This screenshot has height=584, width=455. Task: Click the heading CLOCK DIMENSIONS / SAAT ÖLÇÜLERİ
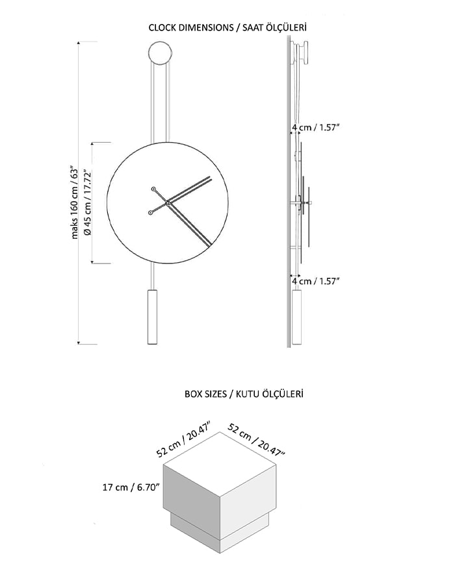click(x=227, y=27)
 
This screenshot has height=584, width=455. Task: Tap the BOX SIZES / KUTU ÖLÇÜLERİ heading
click(x=244, y=394)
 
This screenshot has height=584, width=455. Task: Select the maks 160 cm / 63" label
click(x=75, y=203)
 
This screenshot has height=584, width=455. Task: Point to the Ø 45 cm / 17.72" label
click(x=88, y=203)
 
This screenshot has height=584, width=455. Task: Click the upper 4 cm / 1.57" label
click(x=315, y=127)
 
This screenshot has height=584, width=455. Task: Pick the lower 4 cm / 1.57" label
click(x=315, y=281)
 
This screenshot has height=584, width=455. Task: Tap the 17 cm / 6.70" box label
click(x=131, y=487)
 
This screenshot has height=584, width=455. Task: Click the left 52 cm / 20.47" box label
click(x=184, y=439)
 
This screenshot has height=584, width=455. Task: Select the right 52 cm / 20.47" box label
click(x=256, y=440)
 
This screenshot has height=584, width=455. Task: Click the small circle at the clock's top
click(x=161, y=53)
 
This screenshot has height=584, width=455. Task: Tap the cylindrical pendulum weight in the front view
click(x=152, y=317)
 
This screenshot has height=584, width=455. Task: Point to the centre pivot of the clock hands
click(x=168, y=203)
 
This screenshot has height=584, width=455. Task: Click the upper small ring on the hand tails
click(x=153, y=189)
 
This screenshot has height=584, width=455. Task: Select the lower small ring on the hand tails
click(x=150, y=213)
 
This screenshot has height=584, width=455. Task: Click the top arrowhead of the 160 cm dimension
click(x=79, y=43)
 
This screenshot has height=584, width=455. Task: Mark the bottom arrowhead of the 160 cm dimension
click(x=79, y=343)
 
